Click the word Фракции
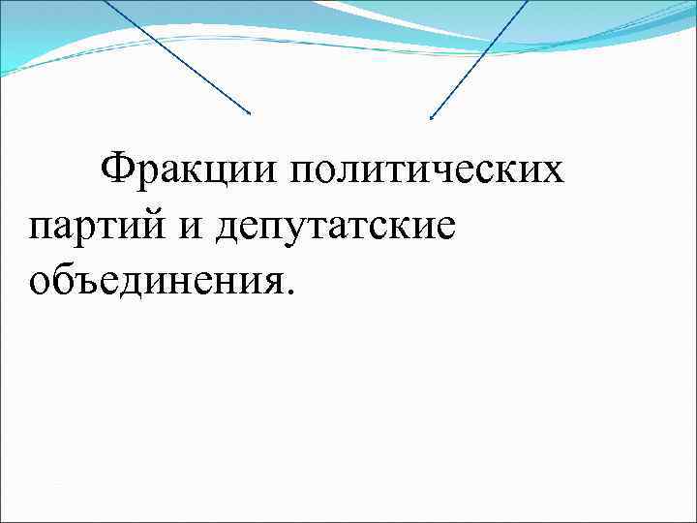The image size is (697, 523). (x=185, y=170)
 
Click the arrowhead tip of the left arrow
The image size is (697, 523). (x=251, y=114)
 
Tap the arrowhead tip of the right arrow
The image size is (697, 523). (x=430, y=119)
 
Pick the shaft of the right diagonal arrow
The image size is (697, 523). (x=479, y=59)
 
